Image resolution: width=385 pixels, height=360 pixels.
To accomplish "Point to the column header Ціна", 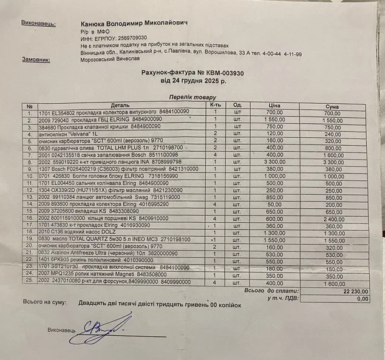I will [x=273, y=106].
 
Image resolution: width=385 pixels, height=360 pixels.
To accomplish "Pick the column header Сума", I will [x=332, y=106].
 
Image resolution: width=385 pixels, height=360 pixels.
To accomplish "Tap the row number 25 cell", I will [x=29, y=282].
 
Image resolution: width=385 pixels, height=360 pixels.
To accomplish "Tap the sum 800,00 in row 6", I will [x=332, y=148].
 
